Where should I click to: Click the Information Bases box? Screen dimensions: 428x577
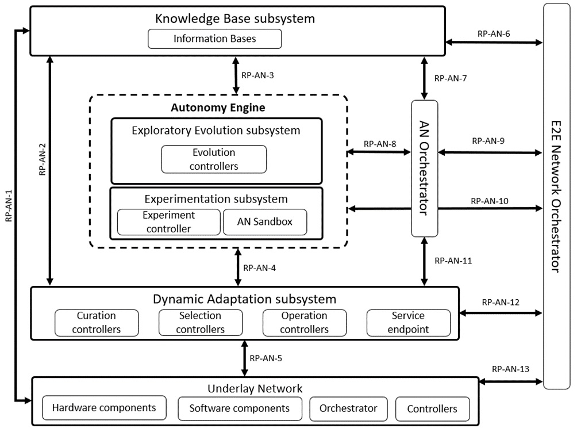point(214,39)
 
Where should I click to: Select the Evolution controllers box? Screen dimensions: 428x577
point(214,159)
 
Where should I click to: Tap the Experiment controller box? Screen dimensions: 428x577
point(168,222)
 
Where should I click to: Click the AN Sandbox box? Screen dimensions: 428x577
point(264,222)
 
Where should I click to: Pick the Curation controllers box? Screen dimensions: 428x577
point(97,323)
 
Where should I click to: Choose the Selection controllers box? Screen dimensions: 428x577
point(200,323)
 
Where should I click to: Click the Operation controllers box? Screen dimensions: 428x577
point(304,323)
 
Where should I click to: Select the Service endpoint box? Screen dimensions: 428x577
point(408,323)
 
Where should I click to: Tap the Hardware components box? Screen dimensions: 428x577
point(104,408)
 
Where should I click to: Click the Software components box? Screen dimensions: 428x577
point(240,408)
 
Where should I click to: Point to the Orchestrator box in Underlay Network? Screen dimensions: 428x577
point(348,408)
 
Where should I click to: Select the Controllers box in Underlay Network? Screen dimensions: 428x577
point(432,409)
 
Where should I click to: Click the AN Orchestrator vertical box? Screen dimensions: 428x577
point(425,168)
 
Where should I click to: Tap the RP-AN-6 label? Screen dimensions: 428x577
point(494,33)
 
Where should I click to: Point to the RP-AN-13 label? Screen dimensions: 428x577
point(510,369)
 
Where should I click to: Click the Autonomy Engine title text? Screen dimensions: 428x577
point(218,108)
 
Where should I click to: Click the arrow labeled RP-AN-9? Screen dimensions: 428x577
point(490,152)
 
